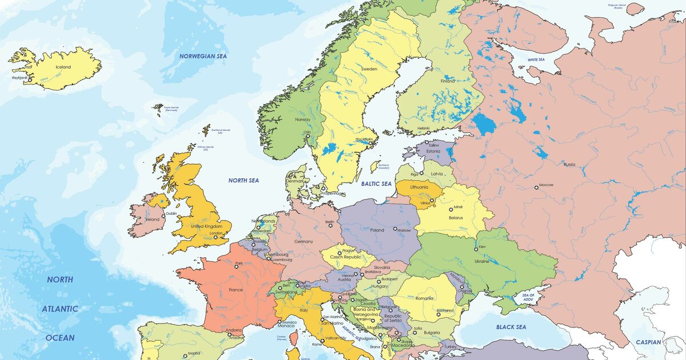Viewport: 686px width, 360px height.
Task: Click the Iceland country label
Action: (x=63, y=67)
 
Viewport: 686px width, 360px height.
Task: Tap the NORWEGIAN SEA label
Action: (x=203, y=56)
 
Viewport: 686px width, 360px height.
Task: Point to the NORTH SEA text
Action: (x=244, y=181)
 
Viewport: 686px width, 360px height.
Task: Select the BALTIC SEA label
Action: (x=376, y=184)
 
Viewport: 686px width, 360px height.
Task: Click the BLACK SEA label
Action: (x=510, y=327)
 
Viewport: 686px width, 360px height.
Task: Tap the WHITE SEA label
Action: (x=536, y=59)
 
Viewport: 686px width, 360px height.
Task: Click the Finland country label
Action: (x=448, y=81)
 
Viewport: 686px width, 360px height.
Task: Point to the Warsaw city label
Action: (x=404, y=230)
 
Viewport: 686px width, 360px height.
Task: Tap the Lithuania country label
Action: (x=418, y=187)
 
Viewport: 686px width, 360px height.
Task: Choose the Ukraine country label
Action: (x=482, y=261)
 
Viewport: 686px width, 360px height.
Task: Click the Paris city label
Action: (x=238, y=263)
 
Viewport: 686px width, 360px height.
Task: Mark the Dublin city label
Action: (x=171, y=214)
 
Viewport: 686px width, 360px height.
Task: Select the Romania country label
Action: (x=425, y=298)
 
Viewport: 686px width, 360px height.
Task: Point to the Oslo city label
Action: (x=308, y=132)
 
